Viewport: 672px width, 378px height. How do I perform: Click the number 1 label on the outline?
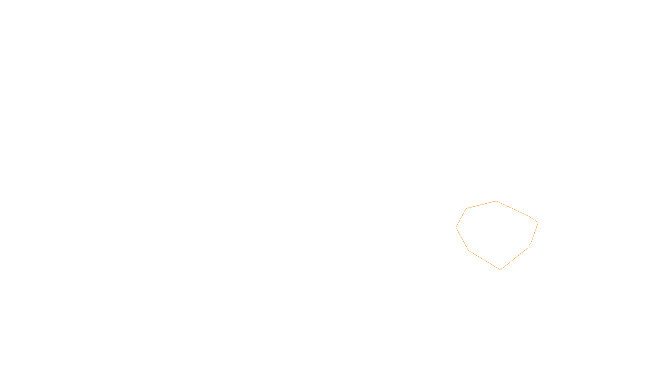click(530, 246)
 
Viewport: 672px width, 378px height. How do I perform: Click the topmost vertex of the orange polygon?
click(496, 201)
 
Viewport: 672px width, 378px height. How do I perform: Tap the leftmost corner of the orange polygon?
click(456, 228)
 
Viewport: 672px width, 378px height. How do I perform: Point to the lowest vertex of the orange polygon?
click(501, 269)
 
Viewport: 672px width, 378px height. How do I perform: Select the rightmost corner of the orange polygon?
click(538, 223)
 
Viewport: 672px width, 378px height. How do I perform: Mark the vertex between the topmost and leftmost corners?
click(466, 208)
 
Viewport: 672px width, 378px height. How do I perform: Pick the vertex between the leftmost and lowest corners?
click(469, 251)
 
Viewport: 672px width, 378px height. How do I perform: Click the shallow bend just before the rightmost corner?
click(528, 216)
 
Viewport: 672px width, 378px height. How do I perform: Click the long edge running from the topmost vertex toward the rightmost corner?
click(512, 209)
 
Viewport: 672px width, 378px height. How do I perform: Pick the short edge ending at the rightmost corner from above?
click(533, 219)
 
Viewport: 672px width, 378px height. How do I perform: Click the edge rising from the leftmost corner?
click(461, 218)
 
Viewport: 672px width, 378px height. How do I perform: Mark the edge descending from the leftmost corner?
click(462, 239)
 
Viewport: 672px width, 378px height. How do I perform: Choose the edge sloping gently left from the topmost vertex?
click(481, 205)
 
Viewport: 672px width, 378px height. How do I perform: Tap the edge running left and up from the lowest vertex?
click(485, 260)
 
